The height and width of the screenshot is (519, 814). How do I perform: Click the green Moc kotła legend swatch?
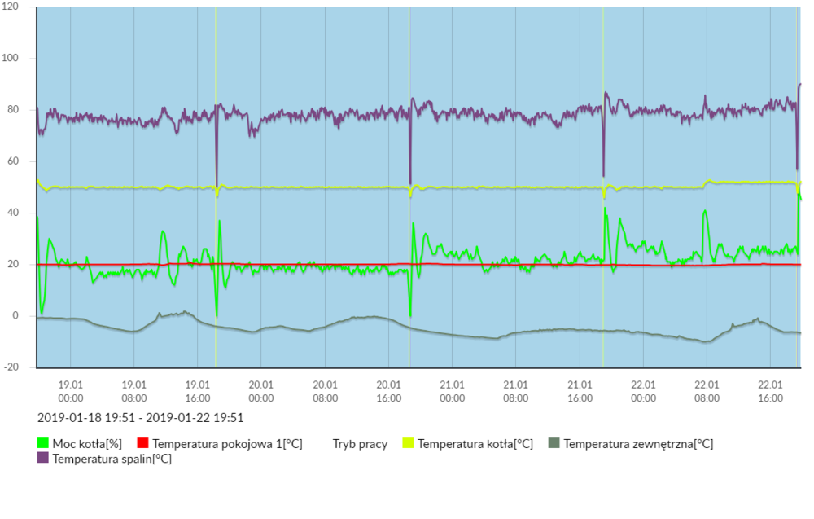(44, 443)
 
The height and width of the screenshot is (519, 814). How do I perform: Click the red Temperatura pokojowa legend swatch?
(143, 443)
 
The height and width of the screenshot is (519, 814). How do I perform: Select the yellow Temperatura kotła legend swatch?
(409, 443)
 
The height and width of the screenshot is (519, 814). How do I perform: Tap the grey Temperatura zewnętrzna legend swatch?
(554, 443)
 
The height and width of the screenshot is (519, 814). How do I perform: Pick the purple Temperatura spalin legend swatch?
(44, 459)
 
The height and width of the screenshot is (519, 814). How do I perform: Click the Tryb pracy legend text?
(360, 444)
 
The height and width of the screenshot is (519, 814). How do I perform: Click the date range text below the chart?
(141, 418)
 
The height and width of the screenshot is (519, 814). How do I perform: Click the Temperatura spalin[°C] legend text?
(112, 459)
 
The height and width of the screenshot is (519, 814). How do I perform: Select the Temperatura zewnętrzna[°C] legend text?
(638, 444)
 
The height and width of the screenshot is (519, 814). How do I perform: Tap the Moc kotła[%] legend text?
(88, 444)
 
